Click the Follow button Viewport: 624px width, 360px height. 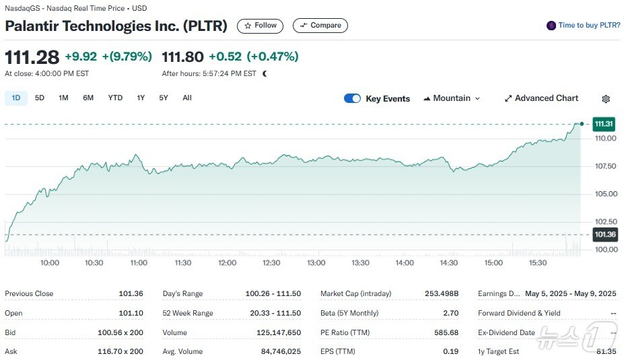click(260, 26)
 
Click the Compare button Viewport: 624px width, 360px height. click(320, 26)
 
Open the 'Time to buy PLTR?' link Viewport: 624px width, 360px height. click(584, 26)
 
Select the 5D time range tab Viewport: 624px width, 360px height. click(40, 98)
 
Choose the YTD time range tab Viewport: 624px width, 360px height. click(115, 98)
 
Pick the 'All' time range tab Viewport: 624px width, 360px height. click(187, 98)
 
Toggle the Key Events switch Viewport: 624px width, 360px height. click(352, 98)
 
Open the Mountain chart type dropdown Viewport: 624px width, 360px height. click(452, 98)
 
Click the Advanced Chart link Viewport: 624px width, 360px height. click(541, 98)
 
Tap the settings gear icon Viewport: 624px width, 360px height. click(606, 99)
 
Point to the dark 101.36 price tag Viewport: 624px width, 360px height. click(604, 235)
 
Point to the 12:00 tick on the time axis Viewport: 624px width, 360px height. click(228, 262)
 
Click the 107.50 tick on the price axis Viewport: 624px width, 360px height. click(605, 166)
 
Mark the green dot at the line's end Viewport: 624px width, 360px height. click(581, 124)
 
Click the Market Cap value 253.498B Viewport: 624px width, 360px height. click(442, 293)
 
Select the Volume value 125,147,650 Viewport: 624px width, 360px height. click(275, 332)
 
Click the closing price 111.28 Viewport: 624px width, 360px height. click(32, 57)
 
